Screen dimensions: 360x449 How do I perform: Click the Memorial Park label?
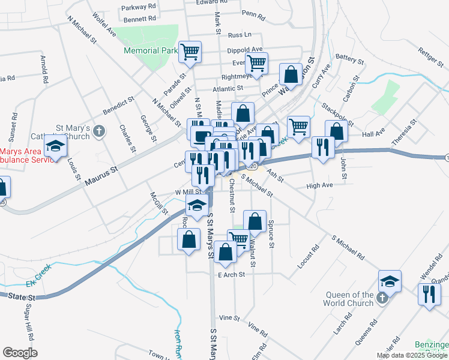[150, 51]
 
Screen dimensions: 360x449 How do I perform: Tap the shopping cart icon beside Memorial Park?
[190, 52]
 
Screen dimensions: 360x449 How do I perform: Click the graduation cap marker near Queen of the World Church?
[390, 281]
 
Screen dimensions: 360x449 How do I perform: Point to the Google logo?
[20, 353]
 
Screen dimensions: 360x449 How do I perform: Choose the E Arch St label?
[232, 275]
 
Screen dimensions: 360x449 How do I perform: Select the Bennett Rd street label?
[140, 19]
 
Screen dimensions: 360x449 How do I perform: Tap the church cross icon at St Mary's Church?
[100, 130]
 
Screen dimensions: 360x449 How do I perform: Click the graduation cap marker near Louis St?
[55, 147]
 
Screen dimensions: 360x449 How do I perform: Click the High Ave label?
[319, 186]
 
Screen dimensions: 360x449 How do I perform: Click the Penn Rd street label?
[253, 13]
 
